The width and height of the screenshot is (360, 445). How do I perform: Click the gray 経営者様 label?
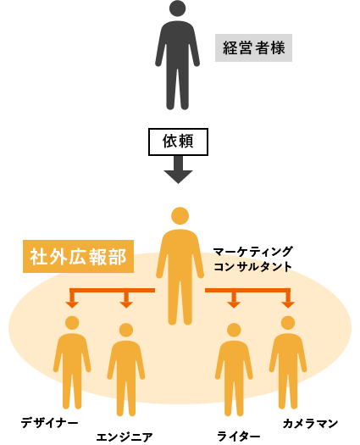(253, 47)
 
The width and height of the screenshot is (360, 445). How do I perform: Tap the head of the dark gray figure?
(177, 8)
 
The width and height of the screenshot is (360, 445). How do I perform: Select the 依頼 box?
(178, 142)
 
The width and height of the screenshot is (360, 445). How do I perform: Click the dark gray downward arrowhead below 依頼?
(178, 177)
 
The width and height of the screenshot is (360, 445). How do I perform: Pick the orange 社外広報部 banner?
(78, 257)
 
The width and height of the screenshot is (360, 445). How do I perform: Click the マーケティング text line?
(252, 252)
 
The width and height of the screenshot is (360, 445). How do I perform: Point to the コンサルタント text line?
(252, 267)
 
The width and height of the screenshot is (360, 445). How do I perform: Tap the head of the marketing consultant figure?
(180, 216)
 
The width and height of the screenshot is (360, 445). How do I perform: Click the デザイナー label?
(50, 423)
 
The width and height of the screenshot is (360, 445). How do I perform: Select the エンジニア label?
(125, 437)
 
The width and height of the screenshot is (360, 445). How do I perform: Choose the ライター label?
(239, 437)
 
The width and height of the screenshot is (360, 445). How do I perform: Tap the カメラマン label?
(310, 424)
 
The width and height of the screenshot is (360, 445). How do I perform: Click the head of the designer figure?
(72, 323)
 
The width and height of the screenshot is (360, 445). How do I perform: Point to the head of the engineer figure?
(126, 330)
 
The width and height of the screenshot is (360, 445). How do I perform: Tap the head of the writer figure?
(234, 330)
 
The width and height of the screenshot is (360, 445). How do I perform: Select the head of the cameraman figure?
(288, 323)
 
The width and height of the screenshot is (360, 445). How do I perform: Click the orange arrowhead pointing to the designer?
(72, 305)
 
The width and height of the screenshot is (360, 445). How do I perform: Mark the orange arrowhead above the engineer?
(126, 305)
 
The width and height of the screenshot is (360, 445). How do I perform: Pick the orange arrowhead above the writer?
(234, 305)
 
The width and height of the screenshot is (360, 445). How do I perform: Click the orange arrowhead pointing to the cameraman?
(288, 305)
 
